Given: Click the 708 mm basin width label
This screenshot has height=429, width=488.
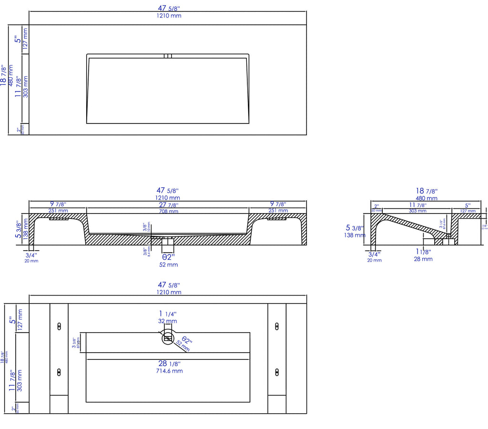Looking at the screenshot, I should click(x=168, y=211).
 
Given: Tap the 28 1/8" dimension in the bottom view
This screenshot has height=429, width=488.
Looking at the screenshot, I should click(x=168, y=364).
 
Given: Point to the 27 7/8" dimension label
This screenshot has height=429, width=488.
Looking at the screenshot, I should click(x=168, y=205).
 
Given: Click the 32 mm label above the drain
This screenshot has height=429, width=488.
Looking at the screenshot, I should click(x=168, y=321).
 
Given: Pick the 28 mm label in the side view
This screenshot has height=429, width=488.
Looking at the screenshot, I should click(x=423, y=259).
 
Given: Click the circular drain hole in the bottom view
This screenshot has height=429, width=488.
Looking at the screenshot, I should click(x=168, y=338).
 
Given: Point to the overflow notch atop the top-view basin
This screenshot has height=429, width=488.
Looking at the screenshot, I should click(x=168, y=56).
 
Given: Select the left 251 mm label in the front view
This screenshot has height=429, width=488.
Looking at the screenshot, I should click(x=58, y=211).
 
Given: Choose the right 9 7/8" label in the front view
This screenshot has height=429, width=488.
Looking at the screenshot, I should click(x=278, y=204).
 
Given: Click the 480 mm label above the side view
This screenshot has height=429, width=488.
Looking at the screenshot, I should click(x=427, y=198).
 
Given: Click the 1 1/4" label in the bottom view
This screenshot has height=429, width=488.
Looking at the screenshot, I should click(x=168, y=314).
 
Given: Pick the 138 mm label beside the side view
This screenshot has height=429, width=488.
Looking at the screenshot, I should click(x=355, y=235).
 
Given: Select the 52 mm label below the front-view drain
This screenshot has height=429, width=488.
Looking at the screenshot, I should click(x=168, y=265).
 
